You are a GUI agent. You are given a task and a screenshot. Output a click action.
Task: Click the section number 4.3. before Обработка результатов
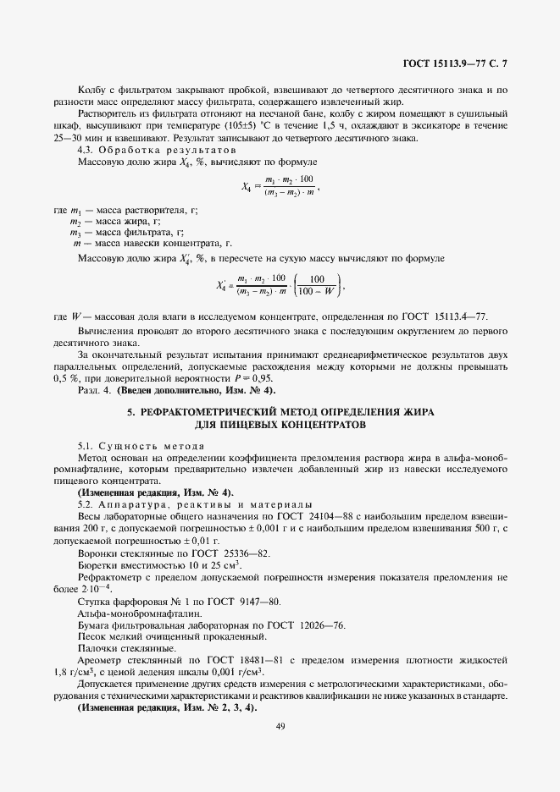87,149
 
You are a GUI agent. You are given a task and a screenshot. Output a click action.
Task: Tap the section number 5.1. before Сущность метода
87,444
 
